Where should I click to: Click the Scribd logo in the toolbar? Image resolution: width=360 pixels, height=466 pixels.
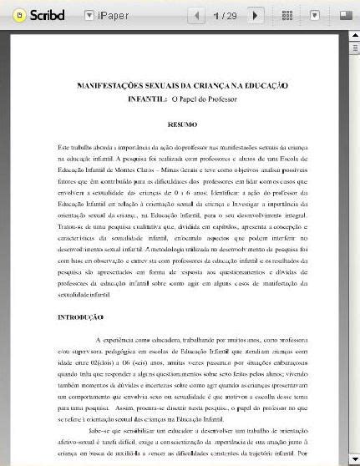[33, 15]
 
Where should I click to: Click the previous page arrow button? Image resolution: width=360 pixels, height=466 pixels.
[197, 15]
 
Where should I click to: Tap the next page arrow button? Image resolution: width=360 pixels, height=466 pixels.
[256, 15]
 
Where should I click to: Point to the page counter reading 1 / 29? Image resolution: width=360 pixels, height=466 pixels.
[226, 15]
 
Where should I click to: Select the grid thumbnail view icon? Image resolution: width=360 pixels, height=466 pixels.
[287, 15]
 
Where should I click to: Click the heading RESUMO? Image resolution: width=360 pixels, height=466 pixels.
[182, 125]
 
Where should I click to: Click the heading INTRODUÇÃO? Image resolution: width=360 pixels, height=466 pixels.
[80, 317]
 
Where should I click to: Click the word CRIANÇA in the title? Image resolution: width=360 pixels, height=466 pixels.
[203, 86]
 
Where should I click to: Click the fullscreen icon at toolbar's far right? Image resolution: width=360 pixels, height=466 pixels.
[344, 15]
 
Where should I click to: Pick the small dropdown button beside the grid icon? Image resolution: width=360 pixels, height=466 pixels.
[315, 15]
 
